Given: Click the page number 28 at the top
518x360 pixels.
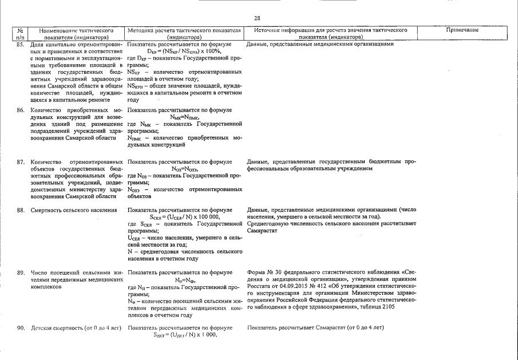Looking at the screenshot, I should coord(257,18).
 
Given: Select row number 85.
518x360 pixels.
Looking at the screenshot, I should coord(20,44).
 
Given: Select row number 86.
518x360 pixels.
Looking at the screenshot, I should coord(20,109).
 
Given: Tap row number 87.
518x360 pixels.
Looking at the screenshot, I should coord(20,162).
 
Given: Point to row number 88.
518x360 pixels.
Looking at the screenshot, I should coord(20,210).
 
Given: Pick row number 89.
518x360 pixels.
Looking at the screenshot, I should coord(20,273).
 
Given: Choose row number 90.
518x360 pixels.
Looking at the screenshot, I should coord(20,328).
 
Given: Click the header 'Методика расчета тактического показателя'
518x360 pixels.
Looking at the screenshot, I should coord(184,30).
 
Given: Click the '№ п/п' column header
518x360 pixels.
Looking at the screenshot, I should coord(20,33).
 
